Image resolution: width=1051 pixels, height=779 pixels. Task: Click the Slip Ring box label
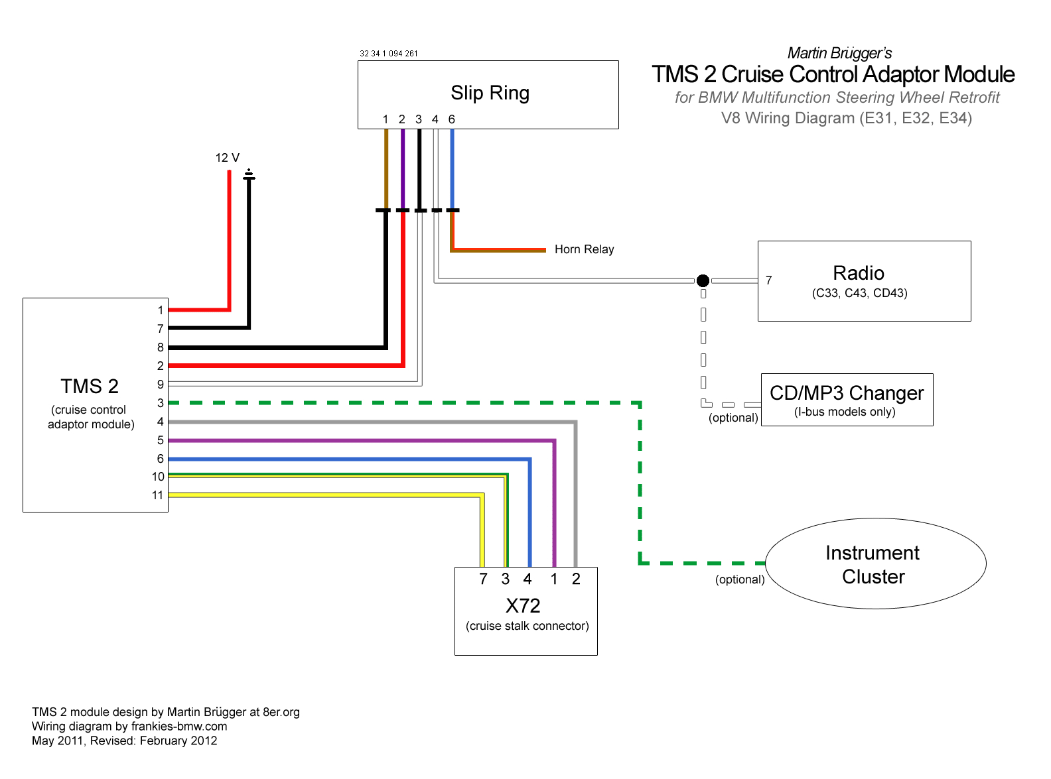[x=490, y=93]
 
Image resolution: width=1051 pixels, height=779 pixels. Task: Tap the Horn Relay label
[x=584, y=249]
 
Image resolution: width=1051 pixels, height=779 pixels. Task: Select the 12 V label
[x=227, y=158]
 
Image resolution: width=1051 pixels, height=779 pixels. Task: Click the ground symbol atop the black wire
[x=249, y=175]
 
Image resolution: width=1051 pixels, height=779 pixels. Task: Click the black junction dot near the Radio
[x=703, y=280]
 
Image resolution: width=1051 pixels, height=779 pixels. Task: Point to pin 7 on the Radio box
[x=768, y=280]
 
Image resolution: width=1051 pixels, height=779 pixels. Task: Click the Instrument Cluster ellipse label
[x=873, y=564]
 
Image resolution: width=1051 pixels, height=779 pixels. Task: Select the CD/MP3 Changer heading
[x=846, y=393]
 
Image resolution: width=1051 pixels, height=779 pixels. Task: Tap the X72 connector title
[x=523, y=605]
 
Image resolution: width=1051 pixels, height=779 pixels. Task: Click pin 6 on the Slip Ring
[x=451, y=119]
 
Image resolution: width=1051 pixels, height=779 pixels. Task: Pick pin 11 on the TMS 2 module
[x=157, y=495]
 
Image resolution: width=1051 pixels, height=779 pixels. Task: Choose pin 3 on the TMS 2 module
[x=160, y=402]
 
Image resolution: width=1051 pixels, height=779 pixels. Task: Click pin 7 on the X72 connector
[x=483, y=579]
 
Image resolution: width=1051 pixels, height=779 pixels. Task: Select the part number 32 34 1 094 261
[x=389, y=54]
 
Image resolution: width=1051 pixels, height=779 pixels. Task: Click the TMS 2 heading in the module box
[x=90, y=386]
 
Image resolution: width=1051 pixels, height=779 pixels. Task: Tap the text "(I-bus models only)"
[x=845, y=412]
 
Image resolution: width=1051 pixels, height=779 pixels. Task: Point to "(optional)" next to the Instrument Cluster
[x=739, y=579]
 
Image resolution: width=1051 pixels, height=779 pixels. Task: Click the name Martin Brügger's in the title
[x=839, y=53]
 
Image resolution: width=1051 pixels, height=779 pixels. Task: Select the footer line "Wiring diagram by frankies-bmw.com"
[x=129, y=726]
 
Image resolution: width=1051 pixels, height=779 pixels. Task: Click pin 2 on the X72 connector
[x=576, y=579]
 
